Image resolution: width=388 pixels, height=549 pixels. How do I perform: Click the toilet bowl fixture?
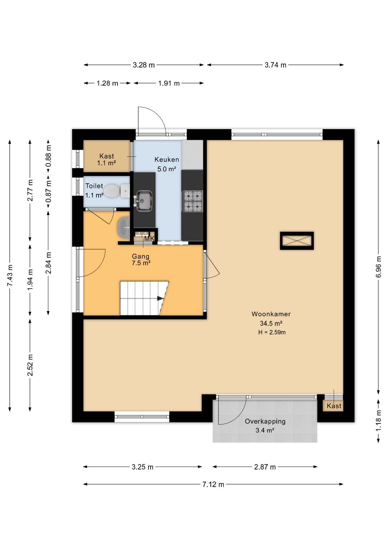click(x=116, y=191)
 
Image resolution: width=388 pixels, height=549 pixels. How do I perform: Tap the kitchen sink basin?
click(x=144, y=201)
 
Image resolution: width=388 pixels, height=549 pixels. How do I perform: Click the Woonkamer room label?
click(x=271, y=314)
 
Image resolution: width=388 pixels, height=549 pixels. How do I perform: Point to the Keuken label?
click(x=167, y=159)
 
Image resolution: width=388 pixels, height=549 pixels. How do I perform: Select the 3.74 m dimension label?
click(x=276, y=65)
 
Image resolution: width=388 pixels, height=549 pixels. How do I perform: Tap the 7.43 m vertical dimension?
click(x=10, y=275)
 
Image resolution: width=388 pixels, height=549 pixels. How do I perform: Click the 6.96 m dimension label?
click(x=378, y=267)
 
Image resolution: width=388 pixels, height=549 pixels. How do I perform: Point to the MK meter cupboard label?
click(x=149, y=239)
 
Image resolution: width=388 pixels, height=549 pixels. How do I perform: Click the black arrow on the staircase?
click(x=160, y=298)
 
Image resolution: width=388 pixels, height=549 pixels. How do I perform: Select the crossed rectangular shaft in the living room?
click(x=297, y=241)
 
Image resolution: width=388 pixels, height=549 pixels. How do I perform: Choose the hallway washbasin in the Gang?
click(x=124, y=228)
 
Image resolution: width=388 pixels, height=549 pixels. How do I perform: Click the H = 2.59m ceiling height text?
click(x=272, y=332)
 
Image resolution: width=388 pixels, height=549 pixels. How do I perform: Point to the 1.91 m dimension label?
click(x=169, y=83)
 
